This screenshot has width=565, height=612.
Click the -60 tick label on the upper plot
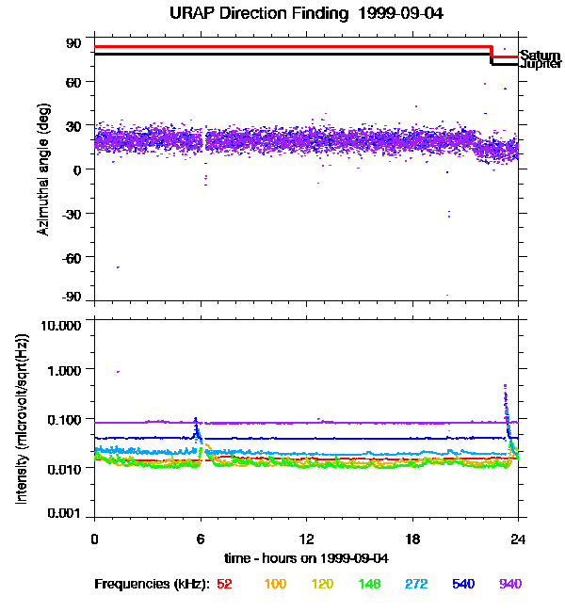click(x=73, y=256)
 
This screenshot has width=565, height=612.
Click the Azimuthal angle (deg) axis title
click(x=43, y=169)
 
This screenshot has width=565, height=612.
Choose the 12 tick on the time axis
click(x=305, y=539)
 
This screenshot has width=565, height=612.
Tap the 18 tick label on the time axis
click(x=412, y=539)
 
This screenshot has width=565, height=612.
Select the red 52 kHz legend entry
click(x=224, y=584)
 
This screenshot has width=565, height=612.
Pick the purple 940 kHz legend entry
click(x=510, y=584)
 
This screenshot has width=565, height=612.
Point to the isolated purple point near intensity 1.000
click(x=118, y=372)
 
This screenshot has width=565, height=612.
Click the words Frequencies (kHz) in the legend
click(x=153, y=584)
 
